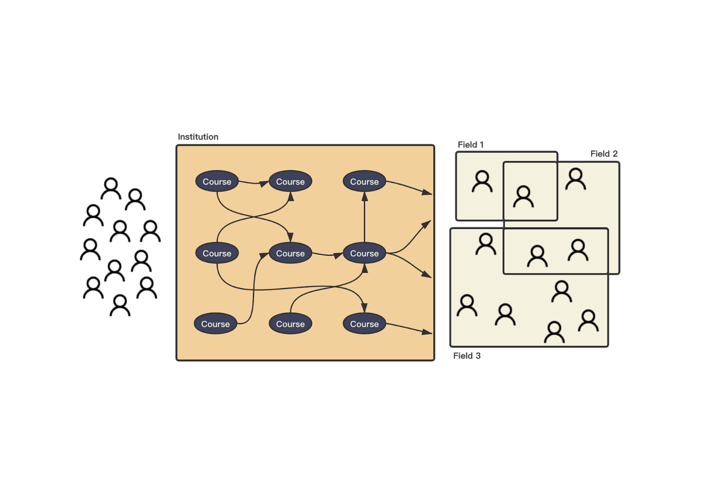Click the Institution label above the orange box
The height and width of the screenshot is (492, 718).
click(198, 137)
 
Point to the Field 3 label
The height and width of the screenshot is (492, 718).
click(467, 356)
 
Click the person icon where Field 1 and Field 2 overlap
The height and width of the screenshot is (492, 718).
click(523, 197)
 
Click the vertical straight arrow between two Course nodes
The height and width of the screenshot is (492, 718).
click(365, 218)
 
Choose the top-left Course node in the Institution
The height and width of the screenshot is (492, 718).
click(217, 182)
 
